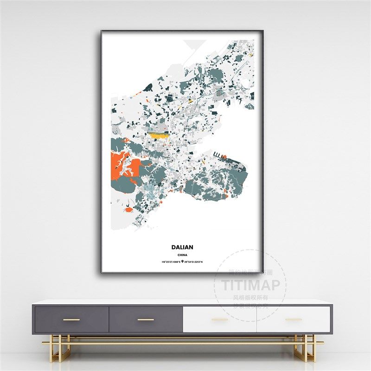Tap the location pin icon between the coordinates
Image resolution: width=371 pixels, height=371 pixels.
pos(183,262)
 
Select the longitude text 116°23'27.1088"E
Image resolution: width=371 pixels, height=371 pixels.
pos(171,262)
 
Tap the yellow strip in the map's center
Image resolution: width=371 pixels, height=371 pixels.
pos(158,135)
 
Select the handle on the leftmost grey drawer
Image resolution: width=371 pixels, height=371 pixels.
pos(71,320)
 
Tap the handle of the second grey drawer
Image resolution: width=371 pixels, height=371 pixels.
pos(146,320)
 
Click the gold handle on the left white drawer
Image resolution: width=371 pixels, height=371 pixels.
pos(220,320)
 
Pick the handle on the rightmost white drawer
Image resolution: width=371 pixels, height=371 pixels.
pos(294,320)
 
